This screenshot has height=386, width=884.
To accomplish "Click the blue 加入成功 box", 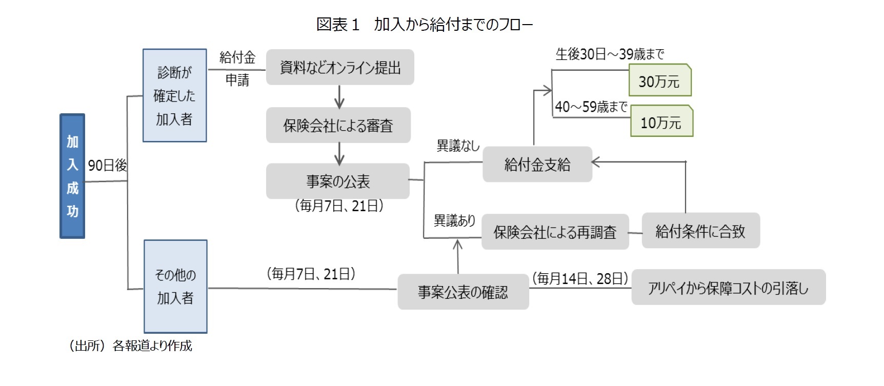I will [72, 176].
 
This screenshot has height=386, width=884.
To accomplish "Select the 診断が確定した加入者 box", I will [174, 95].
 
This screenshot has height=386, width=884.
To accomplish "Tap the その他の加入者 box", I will [175, 286].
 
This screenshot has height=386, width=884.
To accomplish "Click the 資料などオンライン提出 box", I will [340, 67].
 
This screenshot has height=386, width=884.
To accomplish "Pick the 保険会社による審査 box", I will [338, 125].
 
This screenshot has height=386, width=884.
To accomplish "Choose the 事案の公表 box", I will [337, 181].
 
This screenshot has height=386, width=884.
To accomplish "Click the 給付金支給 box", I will [537, 164].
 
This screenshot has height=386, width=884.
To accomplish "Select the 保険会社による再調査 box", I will [555, 232].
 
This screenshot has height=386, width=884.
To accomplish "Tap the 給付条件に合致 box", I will [700, 231].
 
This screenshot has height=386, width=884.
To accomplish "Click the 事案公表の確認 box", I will [463, 292].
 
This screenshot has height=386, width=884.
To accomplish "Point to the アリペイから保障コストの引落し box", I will [728, 288].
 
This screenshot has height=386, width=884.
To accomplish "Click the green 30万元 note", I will [659, 80].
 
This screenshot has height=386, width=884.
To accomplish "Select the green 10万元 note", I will [661, 121].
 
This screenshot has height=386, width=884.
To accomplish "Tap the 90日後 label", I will [107, 165].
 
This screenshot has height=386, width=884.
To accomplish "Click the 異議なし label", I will [458, 146].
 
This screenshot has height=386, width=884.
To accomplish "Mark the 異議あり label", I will [454, 220].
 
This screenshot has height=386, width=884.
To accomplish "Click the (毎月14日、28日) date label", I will [580, 278].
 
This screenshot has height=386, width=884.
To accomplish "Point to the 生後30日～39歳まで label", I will [610, 54].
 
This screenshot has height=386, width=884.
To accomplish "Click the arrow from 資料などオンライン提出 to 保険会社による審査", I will [339, 96].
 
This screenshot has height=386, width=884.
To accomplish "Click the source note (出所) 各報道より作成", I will [130, 346].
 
